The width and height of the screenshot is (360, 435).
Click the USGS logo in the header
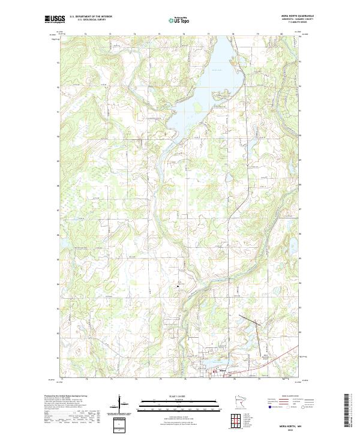[55, 19]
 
